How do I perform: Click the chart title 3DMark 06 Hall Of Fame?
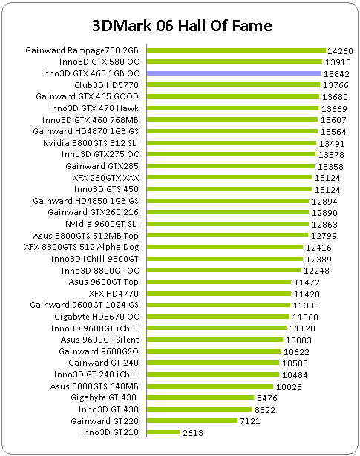pos(182,26)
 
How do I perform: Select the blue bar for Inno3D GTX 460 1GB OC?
pos(234,73)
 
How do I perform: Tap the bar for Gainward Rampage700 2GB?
pos(236,50)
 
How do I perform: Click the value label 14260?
pos(340,51)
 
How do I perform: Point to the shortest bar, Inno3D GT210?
pos(163,432)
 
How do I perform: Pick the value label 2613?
pos(193,433)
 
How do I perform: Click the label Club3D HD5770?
pos(107,85)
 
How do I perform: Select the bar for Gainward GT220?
pos(192,421)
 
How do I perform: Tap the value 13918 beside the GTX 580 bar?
pos(338,62)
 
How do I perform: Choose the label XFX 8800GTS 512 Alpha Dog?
pos(82,247)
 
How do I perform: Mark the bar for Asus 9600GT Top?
pos(219,282)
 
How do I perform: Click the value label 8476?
pos(267,398)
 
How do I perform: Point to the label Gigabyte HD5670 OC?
pos(96,317)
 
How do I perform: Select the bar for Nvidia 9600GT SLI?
pos(228,224)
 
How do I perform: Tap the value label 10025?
pos(289,387)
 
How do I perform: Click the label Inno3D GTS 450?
pos(106,189)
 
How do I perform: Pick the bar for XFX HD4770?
pos(219,294)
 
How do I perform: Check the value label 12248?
pos(316,271)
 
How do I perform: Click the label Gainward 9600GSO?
pos(99,351)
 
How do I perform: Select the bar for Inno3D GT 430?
pos(199,409)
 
